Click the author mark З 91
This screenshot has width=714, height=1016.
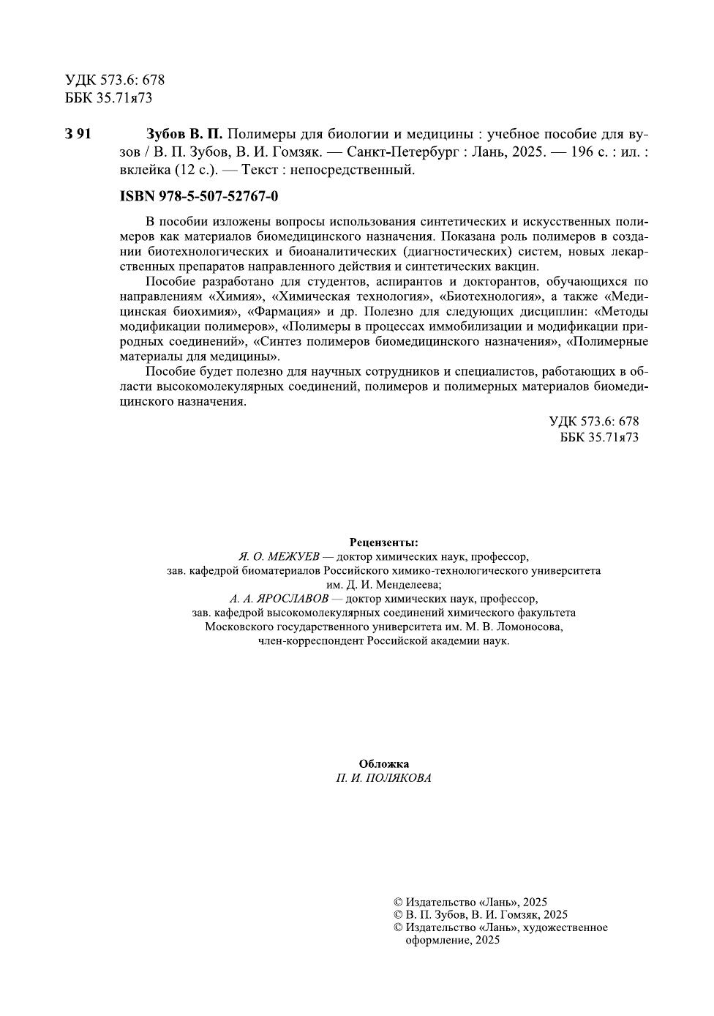coord(78,134)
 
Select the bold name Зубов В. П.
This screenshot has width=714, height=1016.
coord(184,134)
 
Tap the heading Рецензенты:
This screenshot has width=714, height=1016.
coord(383,542)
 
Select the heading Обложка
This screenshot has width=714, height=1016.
coord(383,763)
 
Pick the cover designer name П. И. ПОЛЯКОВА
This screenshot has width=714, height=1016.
coord(383,778)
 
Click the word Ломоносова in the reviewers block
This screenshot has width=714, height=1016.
coord(528,627)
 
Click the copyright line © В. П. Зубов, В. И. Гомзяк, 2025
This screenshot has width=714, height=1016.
coord(480,915)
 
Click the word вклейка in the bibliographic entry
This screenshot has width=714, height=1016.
coord(143,171)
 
